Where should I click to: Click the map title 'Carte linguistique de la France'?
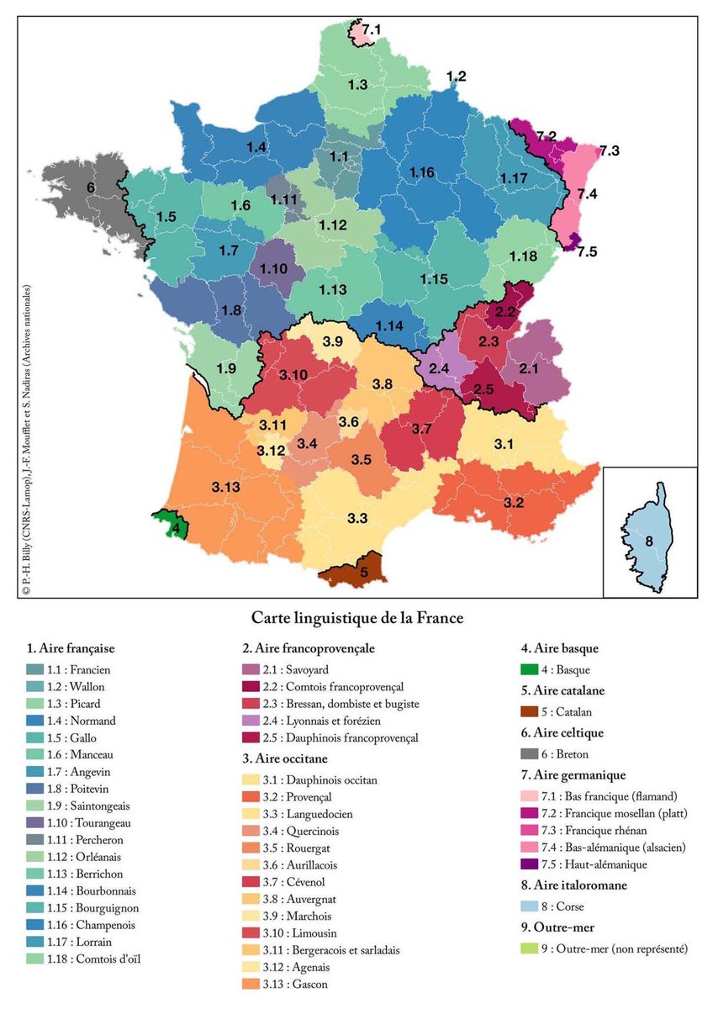tap(358, 618)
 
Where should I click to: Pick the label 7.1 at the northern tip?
tap(371, 30)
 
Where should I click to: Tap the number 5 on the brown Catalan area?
tap(363, 573)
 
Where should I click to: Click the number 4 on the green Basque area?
tap(175, 530)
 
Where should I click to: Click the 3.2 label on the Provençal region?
tap(514, 502)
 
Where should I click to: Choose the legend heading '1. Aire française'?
tap(71, 649)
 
